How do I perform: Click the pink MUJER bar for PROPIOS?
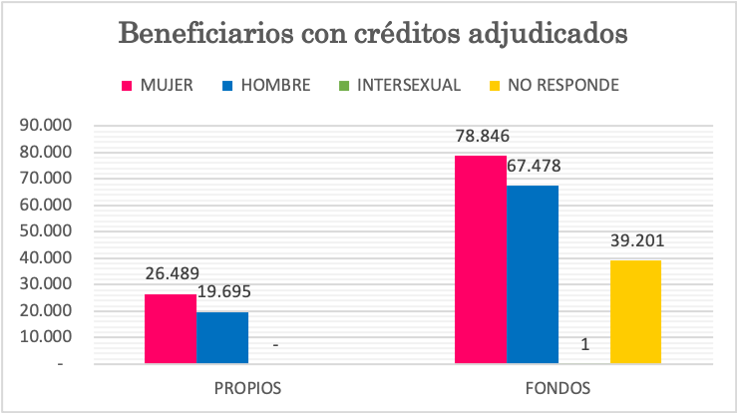[x=171, y=328]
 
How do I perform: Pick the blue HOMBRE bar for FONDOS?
[x=533, y=274]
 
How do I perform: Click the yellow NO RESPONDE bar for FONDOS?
[x=635, y=311]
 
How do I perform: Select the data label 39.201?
[x=636, y=240]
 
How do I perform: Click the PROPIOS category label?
[x=247, y=386]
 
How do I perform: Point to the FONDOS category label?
[x=558, y=386]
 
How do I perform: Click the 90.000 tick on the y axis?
[x=44, y=126]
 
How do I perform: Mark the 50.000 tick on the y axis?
[x=44, y=231]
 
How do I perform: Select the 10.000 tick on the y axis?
[x=44, y=337]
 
